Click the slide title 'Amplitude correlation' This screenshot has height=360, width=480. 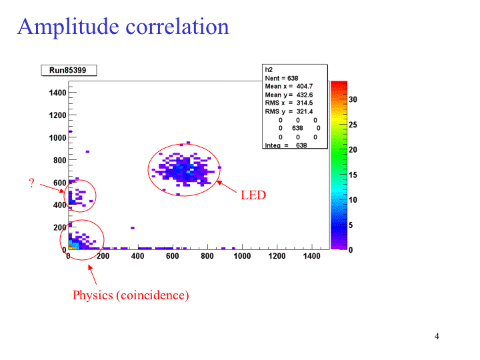(123, 27)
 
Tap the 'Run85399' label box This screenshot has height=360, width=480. (69, 70)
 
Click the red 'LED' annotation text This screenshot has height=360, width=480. (253, 195)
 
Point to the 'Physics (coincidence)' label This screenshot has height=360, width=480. (131, 295)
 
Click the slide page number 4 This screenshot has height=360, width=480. (437, 336)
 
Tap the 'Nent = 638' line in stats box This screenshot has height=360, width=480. (281, 78)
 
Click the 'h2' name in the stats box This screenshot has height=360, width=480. (269, 69)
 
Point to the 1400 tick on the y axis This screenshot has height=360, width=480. (57, 93)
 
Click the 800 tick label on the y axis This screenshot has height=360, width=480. (59, 160)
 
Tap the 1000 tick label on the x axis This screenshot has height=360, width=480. (242, 256)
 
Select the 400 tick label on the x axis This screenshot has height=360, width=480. (137, 256)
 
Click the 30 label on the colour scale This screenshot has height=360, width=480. (353, 99)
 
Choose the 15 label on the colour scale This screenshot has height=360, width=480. (353, 175)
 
